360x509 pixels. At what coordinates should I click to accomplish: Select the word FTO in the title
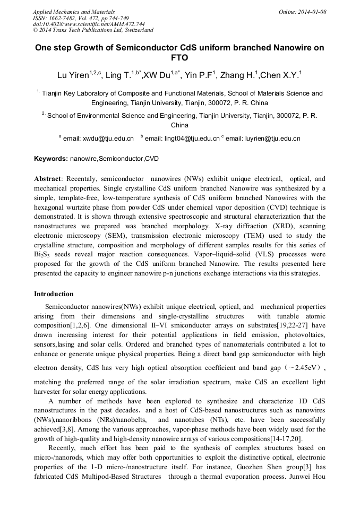(179, 58)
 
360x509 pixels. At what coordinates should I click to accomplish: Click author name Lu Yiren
(73, 76)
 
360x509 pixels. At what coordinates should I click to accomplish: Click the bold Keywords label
(51, 159)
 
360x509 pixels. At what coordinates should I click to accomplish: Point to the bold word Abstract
(47, 179)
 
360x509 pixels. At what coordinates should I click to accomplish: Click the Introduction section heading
(54, 294)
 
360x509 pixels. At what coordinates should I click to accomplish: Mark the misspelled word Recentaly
(80, 179)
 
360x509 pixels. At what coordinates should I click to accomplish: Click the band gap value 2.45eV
(302, 367)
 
